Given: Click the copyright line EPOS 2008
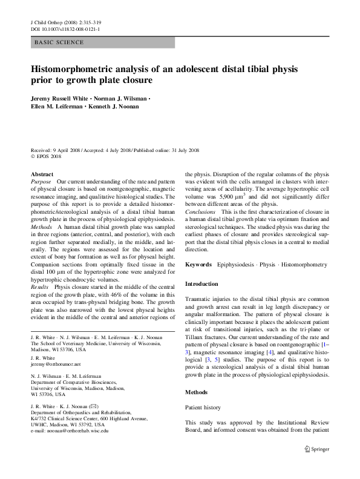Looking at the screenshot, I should (48, 156).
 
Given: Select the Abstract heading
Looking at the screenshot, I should (42, 174).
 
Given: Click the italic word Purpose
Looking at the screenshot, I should (41, 182).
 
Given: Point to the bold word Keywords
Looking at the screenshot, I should (198, 265).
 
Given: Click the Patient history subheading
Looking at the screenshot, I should (203, 408).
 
